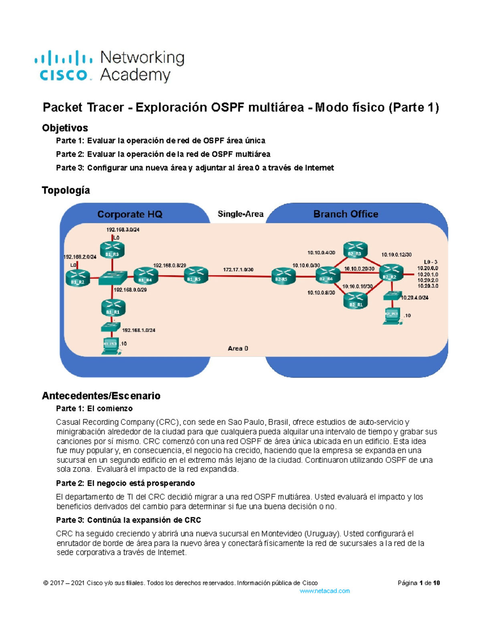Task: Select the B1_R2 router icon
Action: point(78,278)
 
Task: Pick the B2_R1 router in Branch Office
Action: point(355,300)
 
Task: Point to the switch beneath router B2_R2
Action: point(392,296)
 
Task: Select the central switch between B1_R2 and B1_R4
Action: point(113,277)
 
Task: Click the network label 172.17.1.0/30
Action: point(238,270)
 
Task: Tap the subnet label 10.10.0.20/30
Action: point(359,269)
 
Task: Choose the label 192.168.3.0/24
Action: point(123,230)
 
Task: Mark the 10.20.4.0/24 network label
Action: point(414,298)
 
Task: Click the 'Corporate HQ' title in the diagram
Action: point(130,214)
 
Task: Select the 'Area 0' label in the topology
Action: point(238,348)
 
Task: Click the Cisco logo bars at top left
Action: point(63,59)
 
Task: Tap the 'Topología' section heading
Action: point(66,190)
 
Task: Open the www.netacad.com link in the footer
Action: point(325,591)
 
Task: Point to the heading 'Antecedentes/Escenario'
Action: point(101,396)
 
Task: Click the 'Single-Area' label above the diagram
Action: point(240,214)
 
